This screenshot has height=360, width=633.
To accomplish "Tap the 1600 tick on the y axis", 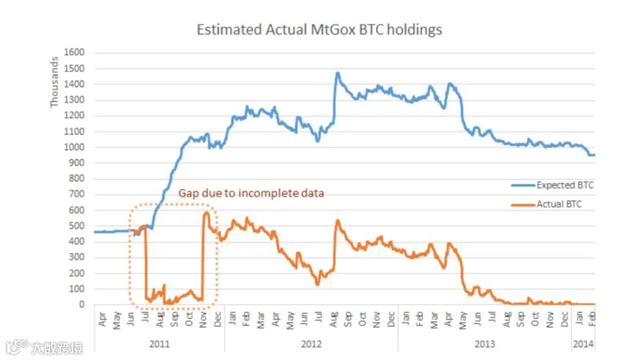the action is click(74, 52).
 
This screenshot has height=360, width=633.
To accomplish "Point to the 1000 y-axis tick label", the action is click(74, 147).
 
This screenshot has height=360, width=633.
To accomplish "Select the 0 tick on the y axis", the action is click(82, 305).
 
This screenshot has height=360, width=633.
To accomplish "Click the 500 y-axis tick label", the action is click(76, 226).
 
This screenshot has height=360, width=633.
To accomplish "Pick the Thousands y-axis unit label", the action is click(54, 82).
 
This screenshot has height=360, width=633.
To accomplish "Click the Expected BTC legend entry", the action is click(552, 185).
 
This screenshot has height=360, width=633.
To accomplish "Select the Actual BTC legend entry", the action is click(547, 204).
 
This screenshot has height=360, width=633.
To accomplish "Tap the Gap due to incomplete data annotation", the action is click(251, 193).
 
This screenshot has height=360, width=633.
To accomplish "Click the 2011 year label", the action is click(160, 344).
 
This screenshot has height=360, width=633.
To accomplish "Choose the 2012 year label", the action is click(311, 344).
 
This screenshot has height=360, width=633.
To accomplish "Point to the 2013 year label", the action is click(484, 344).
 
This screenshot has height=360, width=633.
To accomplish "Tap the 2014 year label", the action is click(583, 344).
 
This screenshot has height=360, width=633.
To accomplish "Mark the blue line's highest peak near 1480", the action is click(338, 73).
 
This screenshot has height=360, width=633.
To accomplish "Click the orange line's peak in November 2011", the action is click(206, 213).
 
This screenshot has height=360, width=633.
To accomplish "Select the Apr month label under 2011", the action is click(102, 319).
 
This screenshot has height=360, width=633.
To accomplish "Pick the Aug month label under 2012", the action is click(333, 320).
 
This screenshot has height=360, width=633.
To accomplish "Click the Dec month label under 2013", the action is click(564, 320).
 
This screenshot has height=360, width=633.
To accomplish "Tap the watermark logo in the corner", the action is click(45, 347).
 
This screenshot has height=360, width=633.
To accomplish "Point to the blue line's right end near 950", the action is click(594, 155).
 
